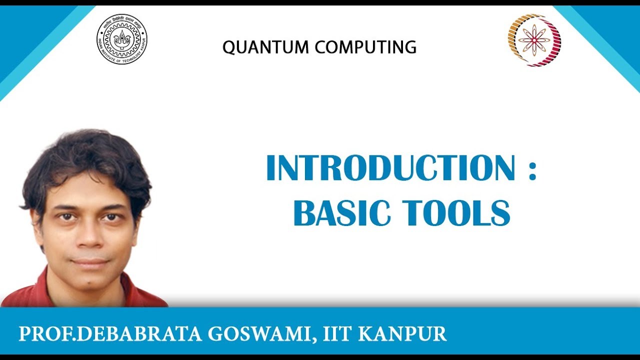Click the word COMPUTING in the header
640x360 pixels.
click(x=365, y=47)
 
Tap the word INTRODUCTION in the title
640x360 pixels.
click(x=390, y=168)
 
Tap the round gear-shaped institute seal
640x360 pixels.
click(x=122, y=39)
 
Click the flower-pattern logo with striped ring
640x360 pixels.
click(x=534, y=40)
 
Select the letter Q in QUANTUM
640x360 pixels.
click(x=230, y=48)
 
